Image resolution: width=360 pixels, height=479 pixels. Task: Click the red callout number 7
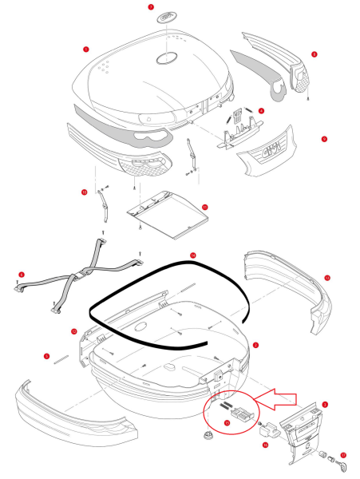(152, 6)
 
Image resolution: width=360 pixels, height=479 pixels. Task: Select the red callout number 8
(315, 54)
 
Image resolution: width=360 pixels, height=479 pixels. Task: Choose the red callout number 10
(83, 192)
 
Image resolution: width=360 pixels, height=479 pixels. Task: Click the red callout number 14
(192, 256)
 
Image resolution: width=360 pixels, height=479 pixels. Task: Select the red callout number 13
(327, 277)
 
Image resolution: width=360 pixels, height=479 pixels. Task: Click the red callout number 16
(265, 446)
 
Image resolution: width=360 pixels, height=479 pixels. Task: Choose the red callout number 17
(343, 457)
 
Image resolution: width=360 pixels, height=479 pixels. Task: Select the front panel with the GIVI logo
(269, 152)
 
